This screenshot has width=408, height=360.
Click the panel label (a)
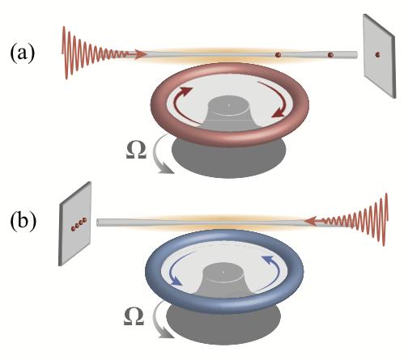click(23, 53)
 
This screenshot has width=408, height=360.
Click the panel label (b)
click(23, 222)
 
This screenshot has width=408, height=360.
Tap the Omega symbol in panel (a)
click(136, 150)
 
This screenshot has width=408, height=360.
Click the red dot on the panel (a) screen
click(377, 55)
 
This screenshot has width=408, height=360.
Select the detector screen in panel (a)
click(380, 56)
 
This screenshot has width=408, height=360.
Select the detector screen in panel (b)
click(75, 223)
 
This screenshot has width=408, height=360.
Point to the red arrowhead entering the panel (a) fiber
click(140, 54)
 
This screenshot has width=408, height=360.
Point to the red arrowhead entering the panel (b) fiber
click(311, 222)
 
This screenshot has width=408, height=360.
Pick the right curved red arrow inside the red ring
click(273, 99)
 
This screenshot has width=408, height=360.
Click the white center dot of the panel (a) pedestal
click(228, 105)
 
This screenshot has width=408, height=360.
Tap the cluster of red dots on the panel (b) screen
click(79, 224)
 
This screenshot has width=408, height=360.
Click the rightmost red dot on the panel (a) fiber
click(330, 55)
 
